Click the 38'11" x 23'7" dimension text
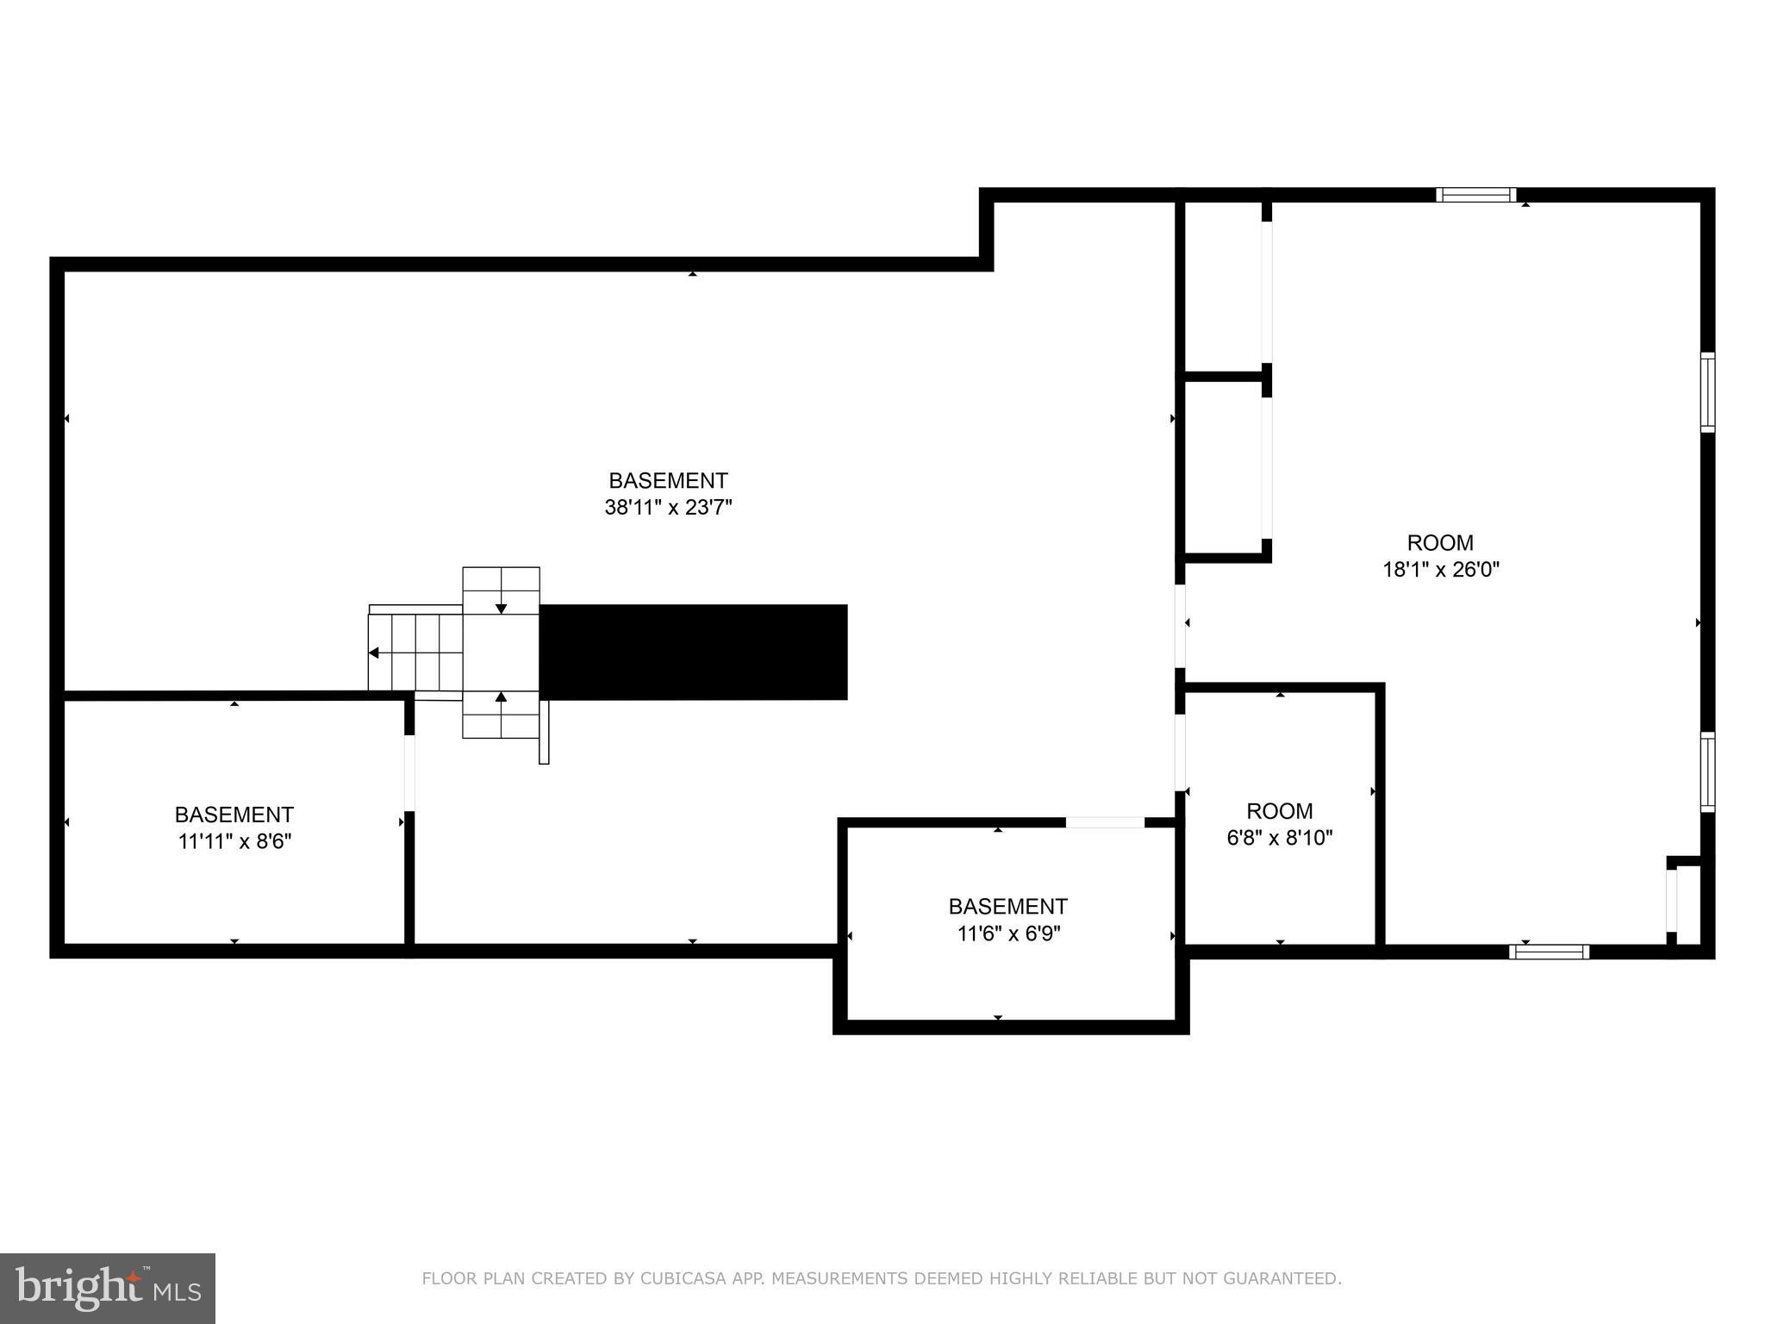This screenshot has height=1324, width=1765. point(668,508)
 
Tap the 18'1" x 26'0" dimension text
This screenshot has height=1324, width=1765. point(1441,570)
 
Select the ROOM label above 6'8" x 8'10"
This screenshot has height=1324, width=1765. point(1280,811)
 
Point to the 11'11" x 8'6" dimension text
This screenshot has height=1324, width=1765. point(234,841)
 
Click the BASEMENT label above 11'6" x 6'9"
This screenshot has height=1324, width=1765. point(1007,907)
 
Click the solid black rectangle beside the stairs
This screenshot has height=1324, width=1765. point(693,652)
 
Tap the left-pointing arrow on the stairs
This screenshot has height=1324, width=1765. point(374,653)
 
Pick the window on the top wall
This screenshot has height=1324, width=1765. point(1475,195)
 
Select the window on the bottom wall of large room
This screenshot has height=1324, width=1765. point(1549,952)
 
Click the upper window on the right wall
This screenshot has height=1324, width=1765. point(1707,392)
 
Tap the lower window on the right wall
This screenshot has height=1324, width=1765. point(1707,771)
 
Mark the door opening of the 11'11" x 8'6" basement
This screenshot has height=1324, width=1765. point(409,772)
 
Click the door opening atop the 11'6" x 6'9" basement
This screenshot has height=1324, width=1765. point(1105,822)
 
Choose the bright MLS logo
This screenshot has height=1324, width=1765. point(108,1288)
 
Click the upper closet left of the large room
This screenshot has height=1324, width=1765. point(1224,288)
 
